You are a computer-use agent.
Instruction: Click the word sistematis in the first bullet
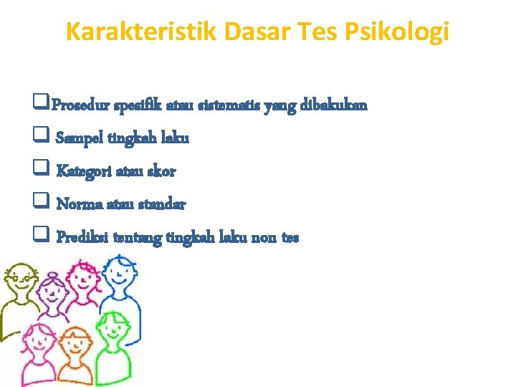(230, 105)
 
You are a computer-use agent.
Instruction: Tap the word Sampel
(80, 138)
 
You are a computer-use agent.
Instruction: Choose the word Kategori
(82, 171)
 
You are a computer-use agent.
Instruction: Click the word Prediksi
(81, 237)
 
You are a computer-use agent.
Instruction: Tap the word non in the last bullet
(265, 237)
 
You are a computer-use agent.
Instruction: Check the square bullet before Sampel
(39, 138)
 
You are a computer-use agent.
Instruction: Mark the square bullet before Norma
(39, 204)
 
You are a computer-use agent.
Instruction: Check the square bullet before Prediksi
(39, 236)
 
